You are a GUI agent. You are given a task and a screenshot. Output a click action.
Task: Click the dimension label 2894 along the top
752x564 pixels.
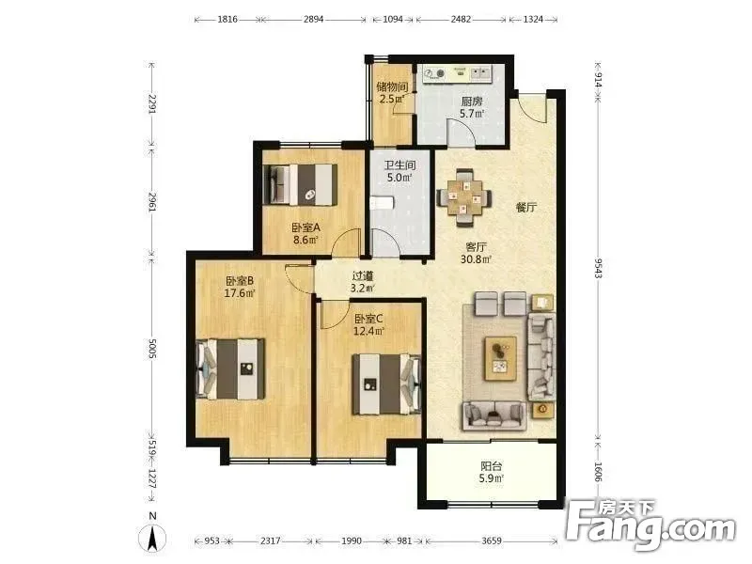pyautogui.click(x=313, y=19)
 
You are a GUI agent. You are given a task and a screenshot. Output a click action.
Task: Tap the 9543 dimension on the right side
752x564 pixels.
pyautogui.click(x=598, y=268)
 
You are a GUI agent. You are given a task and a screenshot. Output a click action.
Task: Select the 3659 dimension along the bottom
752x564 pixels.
pyautogui.click(x=491, y=541)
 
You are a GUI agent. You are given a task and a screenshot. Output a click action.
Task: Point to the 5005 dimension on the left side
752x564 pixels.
pyautogui.click(x=152, y=349)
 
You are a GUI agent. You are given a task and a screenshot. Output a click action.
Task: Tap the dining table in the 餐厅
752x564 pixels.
pyautogui.click(x=463, y=197)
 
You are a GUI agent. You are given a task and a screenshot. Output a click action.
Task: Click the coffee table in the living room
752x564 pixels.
pyautogui.click(x=501, y=358)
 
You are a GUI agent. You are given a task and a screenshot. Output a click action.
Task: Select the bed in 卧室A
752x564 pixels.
pyautogui.click(x=301, y=184)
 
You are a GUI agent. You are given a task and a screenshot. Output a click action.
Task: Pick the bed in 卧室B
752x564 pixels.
pyautogui.click(x=230, y=368)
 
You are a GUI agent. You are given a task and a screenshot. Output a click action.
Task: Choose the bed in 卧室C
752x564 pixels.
pyautogui.click(x=386, y=384)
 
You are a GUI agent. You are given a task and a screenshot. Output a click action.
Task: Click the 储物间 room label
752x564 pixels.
pyautogui.click(x=392, y=86)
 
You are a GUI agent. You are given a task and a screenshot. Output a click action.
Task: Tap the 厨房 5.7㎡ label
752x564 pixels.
pyautogui.click(x=472, y=107)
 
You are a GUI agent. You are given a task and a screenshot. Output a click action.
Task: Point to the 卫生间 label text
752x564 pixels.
pyautogui.click(x=400, y=165)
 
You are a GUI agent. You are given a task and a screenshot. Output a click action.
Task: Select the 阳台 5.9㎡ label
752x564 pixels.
pyautogui.click(x=492, y=472)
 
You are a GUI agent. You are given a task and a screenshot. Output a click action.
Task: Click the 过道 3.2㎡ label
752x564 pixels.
pyautogui.click(x=363, y=282)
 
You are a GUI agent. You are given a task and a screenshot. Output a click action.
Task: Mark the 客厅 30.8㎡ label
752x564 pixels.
pyautogui.click(x=477, y=253)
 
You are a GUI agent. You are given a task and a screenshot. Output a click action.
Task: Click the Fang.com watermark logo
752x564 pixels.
pyautogui.click(x=650, y=525)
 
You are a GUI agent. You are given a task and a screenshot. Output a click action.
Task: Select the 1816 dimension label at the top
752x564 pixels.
pyautogui.click(x=227, y=19)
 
